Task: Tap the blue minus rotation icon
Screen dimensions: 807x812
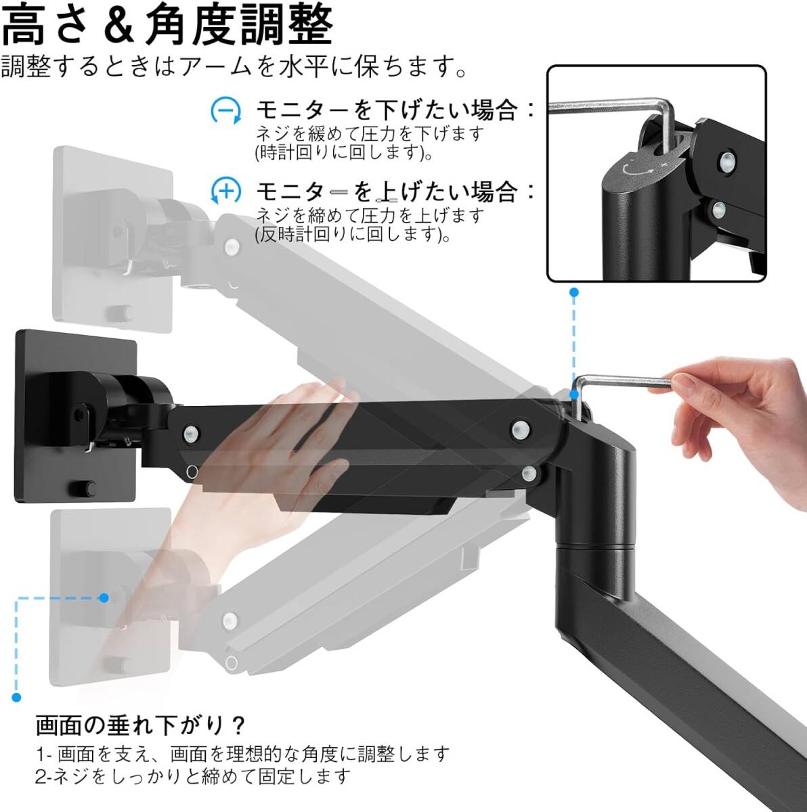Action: tap(226, 111)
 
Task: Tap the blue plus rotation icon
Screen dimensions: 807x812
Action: tap(226, 191)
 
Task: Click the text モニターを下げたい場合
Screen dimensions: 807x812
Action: tap(387, 111)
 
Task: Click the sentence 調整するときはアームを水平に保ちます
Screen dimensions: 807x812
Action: tap(234, 67)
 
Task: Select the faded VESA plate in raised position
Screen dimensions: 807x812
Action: tap(113, 239)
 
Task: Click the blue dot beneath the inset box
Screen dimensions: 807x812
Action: tap(573, 292)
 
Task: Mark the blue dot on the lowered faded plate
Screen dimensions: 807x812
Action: tap(104, 597)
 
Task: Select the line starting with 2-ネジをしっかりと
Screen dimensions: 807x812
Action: tap(193, 776)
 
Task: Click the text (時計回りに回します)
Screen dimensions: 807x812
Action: tap(344, 152)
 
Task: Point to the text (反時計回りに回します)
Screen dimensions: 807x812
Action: tap(353, 234)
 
